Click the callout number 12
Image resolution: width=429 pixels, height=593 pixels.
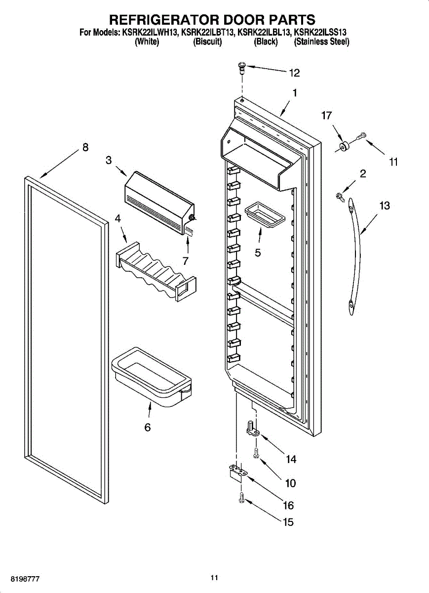tap(294, 73)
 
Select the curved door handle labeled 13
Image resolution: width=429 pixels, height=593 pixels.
tap(354, 257)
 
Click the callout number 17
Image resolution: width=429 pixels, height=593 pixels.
tap(326, 116)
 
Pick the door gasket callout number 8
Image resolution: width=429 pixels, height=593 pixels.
tap(85, 147)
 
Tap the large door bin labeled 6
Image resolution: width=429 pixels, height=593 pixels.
tap(151, 378)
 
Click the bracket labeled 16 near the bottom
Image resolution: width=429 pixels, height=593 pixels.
tap(237, 472)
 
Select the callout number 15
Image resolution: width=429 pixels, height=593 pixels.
tap(288, 522)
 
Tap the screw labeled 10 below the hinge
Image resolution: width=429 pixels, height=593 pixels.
tap(256, 452)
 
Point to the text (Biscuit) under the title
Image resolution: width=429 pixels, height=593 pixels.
tap(207, 42)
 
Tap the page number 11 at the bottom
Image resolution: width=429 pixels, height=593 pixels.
tap(214, 577)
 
